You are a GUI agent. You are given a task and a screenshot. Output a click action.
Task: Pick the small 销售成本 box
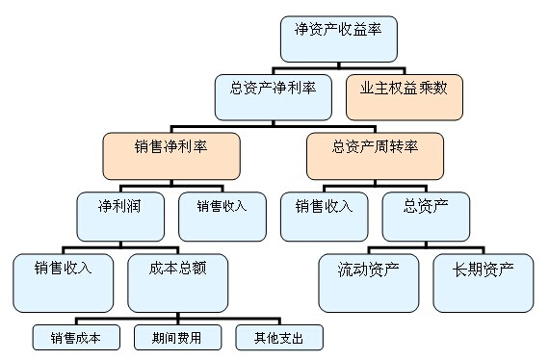[76, 338]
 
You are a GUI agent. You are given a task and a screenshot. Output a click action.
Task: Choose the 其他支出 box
[279, 338]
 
